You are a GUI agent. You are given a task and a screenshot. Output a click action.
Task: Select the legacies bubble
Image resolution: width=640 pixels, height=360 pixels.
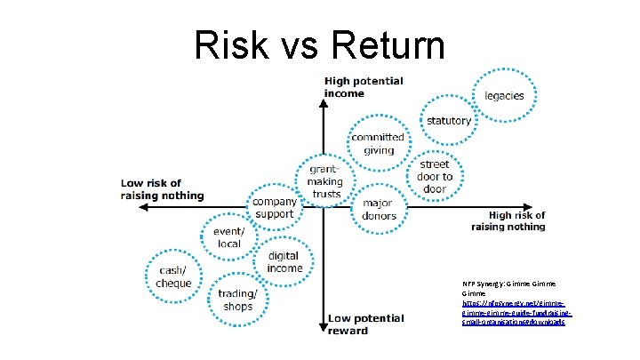tap(503, 96)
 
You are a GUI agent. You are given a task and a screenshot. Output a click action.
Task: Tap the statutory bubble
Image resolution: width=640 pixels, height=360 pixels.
tap(449, 122)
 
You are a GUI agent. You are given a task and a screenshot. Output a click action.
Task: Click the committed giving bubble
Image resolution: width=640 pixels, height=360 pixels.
tap(378, 143)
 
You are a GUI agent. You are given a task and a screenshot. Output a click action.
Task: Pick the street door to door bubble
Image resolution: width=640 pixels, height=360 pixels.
tap(435, 177)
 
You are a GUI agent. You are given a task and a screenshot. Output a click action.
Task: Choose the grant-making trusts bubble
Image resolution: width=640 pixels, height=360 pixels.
tap(326, 181)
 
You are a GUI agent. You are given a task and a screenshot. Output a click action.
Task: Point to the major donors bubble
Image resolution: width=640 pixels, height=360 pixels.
tap(379, 210)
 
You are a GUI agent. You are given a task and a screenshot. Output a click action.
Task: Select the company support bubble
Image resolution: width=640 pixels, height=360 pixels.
tap(274, 207)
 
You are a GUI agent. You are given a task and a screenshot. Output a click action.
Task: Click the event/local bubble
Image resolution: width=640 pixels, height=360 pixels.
tap(228, 237)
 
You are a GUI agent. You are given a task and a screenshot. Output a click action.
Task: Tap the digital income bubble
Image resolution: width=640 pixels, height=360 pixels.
tap(284, 262)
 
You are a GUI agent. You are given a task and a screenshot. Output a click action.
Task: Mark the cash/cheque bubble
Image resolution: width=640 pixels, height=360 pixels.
tap(174, 276)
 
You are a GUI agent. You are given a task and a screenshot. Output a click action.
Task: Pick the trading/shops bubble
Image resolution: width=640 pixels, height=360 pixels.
tap(237, 300)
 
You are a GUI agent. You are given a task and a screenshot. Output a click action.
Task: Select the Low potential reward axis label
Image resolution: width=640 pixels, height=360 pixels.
tap(359, 324)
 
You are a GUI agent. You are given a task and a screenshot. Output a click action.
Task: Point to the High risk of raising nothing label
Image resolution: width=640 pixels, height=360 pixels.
tap(508, 220)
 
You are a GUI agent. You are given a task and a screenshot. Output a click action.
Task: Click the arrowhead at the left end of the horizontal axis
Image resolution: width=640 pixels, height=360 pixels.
tap(140, 207)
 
